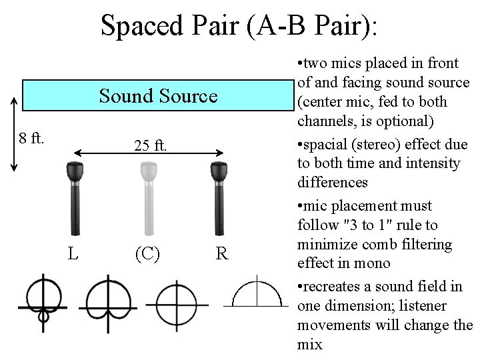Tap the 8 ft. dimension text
(31, 139)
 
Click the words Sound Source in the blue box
(158, 97)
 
